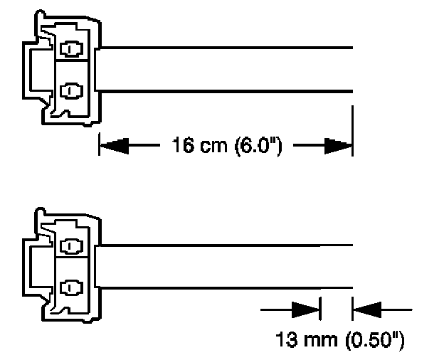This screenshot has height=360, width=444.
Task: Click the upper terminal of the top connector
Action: pos(72,49)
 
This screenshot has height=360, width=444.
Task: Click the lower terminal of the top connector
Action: pos(72,90)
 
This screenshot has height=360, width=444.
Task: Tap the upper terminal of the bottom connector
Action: pos(72,246)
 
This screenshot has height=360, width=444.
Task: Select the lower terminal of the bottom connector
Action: pos(72,287)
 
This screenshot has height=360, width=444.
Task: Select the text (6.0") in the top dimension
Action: pos(259,147)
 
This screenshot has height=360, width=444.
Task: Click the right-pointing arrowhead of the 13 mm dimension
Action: pos(306,309)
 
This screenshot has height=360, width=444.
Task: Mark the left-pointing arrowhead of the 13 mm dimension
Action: pos(367,309)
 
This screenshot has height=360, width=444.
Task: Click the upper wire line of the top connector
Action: pos(228,48)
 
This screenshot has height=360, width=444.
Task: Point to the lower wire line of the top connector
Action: pos(228,90)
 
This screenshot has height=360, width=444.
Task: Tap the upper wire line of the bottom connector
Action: pos(228,245)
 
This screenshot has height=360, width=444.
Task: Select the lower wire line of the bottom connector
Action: pos(228,287)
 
